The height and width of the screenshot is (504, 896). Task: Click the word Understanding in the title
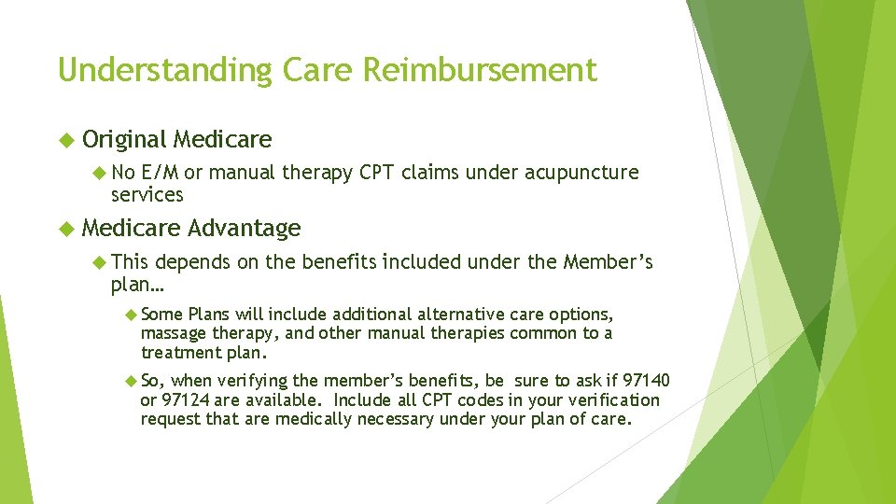(x=148, y=71)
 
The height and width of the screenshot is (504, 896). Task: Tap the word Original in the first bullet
(x=124, y=140)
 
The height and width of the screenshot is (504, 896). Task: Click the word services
(x=147, y=195)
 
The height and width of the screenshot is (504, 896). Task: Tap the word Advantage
(x=244, y=228)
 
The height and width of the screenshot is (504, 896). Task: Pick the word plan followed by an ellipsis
(x=135, y=284)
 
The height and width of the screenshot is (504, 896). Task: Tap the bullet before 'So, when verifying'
(x=131, y=381)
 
